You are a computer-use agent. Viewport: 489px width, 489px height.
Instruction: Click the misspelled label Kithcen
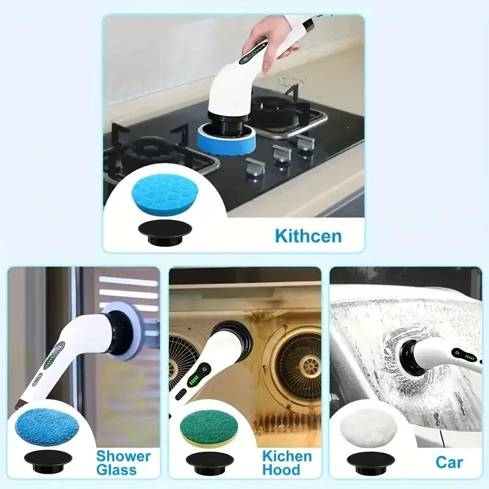(x=307, y=235)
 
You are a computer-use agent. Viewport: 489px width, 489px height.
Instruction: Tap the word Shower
(x=123, y=455)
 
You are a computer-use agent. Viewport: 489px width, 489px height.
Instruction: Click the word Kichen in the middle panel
(x=287, y=455)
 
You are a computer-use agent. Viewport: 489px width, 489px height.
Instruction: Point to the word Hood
(x=281, y=469)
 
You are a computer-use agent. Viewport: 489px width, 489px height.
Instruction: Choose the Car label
(x=449, y=461)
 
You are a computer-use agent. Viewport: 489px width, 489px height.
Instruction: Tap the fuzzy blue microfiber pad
(x=46, y=425)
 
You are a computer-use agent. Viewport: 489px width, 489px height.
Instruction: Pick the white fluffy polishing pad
(x=368, y=426)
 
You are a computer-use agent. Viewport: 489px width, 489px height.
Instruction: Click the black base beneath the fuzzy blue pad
(x=48, y=460)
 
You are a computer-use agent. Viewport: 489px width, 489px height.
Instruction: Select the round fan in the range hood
(x=298, y=367)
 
